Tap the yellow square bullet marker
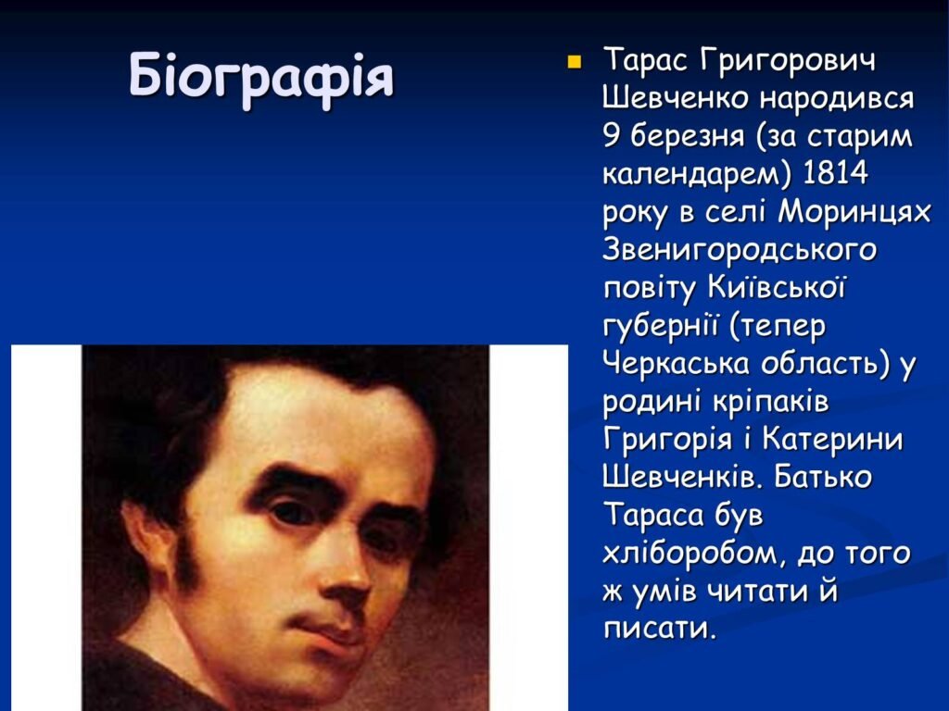(574, 62)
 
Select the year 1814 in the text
(835, 173)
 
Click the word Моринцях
(854, 212)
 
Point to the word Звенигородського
(740, 250)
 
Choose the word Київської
(776, 287)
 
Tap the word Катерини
(832, 439)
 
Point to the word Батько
(822, 477)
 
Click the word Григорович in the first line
(786, 60)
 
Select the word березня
(688, 137)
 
